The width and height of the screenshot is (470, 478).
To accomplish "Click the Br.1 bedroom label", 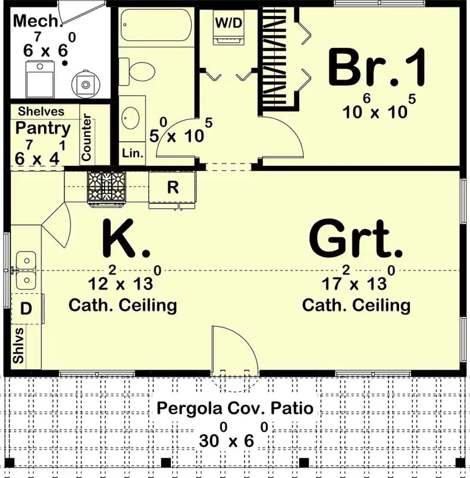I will point(376,68).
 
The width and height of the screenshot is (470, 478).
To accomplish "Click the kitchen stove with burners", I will point(106,186).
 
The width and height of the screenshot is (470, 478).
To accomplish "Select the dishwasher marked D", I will point(26,309).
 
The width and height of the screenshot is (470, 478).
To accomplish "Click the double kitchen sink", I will point(25,271).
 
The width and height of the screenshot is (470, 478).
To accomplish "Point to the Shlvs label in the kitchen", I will point(20,346).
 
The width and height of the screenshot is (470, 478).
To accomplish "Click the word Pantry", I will point(43,129).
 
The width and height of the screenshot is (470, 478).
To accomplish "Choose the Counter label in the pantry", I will point(86,137).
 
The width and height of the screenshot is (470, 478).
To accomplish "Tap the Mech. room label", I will point(38,21).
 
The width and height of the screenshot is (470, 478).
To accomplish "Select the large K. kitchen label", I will point(125,239).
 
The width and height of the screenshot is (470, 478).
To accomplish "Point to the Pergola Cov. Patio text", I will point(234,408).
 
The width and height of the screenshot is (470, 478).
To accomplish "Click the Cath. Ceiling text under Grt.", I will point(356,304).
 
